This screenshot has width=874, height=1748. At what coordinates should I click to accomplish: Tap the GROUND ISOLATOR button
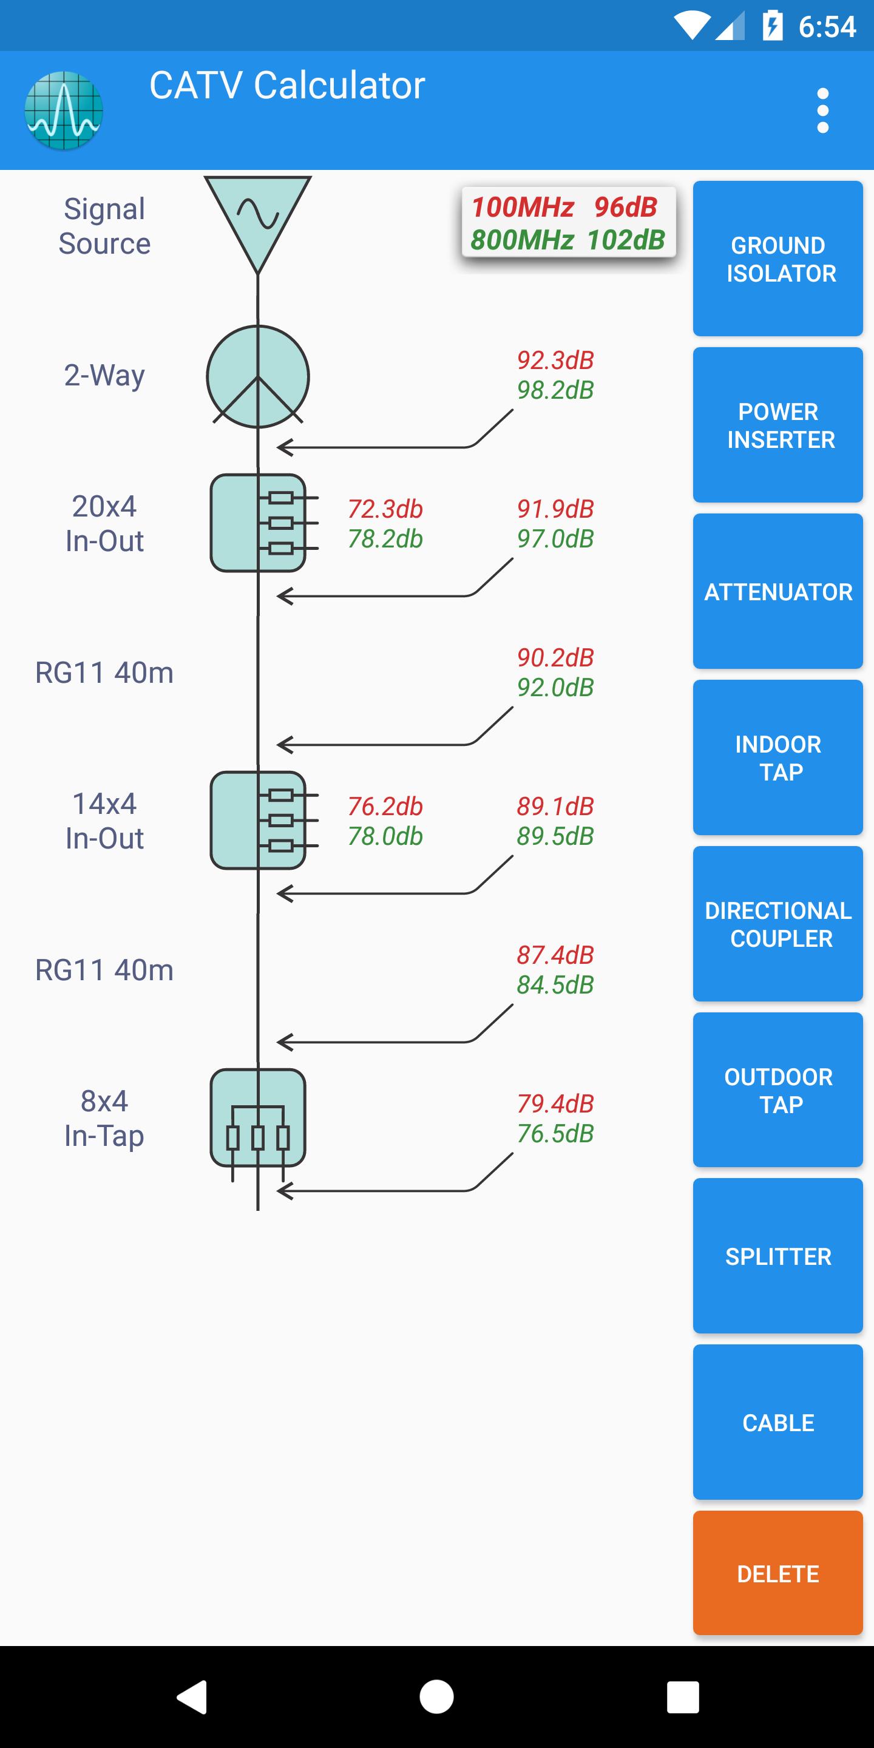tap(777, 259)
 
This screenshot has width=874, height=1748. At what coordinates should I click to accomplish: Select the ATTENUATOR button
tap(777, 591)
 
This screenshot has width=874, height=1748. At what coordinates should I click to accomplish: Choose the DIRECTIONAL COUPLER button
tap(777, 924)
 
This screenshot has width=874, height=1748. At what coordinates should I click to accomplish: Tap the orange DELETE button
tap(777, 1573)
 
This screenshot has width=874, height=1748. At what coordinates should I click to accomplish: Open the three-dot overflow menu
tap(822, 110)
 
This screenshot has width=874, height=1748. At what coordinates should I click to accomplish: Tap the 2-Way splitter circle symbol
tap(258, 376)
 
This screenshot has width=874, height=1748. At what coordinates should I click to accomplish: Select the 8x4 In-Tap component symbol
tap(258, 1117)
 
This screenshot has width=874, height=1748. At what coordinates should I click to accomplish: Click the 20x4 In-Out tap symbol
tap(258, 523)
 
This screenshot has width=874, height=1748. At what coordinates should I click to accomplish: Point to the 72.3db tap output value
tap(385, 509)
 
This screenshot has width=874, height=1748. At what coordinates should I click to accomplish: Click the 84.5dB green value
tap(555, 984)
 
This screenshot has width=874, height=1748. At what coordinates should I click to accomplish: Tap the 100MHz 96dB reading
tap(564, 207)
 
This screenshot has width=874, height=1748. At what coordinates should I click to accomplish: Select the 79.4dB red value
tap(555, 1103)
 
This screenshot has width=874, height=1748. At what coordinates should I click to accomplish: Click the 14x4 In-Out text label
tap(104, 821)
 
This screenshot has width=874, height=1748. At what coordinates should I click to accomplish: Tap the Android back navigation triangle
tap(193, 1696)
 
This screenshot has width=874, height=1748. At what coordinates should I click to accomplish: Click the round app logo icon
tap(64, 110)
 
